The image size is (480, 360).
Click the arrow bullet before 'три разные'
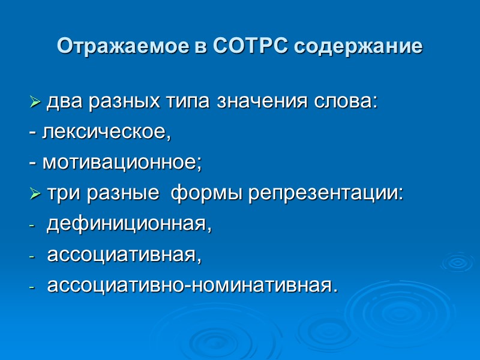tap(34, 194)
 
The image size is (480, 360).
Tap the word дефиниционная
tap(129, 224)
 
